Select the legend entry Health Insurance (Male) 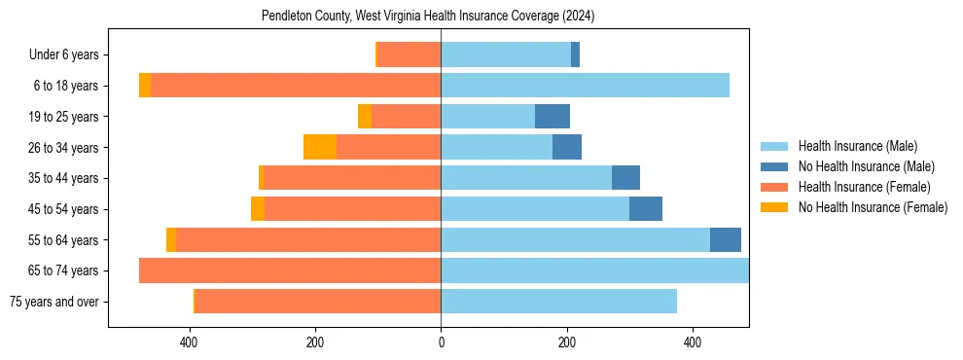pyautogui.click(x=857, y=146)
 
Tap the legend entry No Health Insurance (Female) pyautogui.click(x=873, y=207)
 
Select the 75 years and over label pyautogui.click(x=53, y=302)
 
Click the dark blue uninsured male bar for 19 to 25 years pyautogui.click(x=553, y=117)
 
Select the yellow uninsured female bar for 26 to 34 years pyautogui.click(x=320, y=147)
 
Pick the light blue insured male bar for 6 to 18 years pyautogui.click(x=585, y=86)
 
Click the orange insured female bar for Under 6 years pyautogui.click(x=409, y=54)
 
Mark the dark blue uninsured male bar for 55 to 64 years pyautogui.click(x=726, y=240)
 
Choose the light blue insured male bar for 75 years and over pyautogui.click(x=558, y=302)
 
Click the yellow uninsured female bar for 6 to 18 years pyautogui.click(x=145, y=86)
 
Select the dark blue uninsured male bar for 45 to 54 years pyautogui.click(x=646, y=209)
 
